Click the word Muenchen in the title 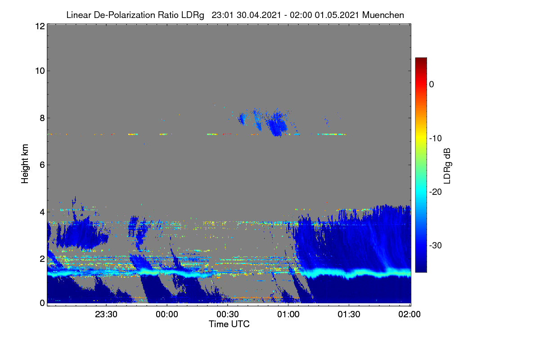pos(383,15)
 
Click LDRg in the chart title pos(193,15)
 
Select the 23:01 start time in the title pos(222,15)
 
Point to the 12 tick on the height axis pos(40,26)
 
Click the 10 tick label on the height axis pos(40,71)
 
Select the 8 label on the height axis pos(42,118)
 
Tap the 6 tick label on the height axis pos(42,165)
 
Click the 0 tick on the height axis pos(42,303)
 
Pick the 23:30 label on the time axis pos(106,315)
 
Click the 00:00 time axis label pos(167,315)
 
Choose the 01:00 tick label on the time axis pos(288,315)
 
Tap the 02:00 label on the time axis pos(409,315)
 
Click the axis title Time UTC pos(229,324)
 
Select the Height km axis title pos(25,164)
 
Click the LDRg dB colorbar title pos(447,166)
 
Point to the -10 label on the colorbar pos(436,139)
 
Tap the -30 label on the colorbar pos(436,245)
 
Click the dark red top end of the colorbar pos(421,59)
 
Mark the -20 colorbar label pos(436,192)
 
